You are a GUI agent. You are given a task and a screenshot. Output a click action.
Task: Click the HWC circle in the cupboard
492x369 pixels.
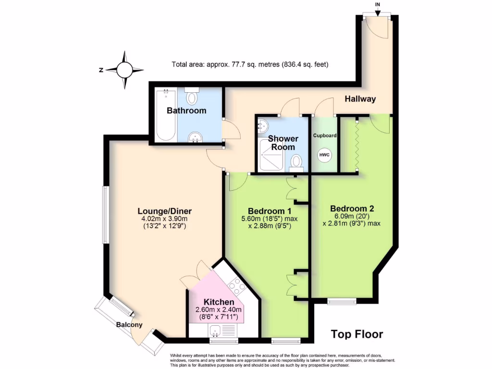pyautogui.click(x=325, y=156)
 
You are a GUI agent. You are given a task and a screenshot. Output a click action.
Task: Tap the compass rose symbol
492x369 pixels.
pyautogui.click(x=124, y=70)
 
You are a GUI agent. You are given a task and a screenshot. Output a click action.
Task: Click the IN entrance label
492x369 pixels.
pyautogui.click(x=378, y=5)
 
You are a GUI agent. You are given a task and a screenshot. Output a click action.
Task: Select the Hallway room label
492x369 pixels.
pyautogui.click(x=360, y=99)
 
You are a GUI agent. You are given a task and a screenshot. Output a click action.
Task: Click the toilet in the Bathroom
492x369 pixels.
pyautogui.click(x=192, y=97)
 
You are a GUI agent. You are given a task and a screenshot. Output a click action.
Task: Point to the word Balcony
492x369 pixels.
pyautogui.click(x=129, y=325)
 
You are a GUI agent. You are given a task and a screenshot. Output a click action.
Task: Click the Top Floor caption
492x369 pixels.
pyautogui.click(x=357, y=334)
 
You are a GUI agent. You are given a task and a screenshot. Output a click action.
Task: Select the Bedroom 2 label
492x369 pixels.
pyautogui.click(x=352, y=209)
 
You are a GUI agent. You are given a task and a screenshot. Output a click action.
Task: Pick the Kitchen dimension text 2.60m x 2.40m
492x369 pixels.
pyautogui.click(x=219, y=310)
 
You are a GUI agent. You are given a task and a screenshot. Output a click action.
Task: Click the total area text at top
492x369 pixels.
pyautogui.click(x=250, y=64)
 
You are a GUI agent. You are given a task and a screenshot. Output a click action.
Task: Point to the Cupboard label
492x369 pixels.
pyautogui.click(x=325, y=135)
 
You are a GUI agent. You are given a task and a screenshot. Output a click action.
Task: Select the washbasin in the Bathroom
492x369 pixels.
pyautogui.click(x=195, y=137)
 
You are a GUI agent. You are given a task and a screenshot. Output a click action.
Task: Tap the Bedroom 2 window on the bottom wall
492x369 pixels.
pyautogui.click(x=342, y=301)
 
